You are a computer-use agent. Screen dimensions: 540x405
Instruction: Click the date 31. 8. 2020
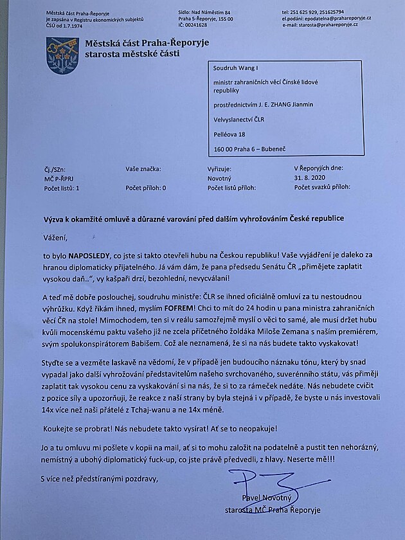click(310, 178)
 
